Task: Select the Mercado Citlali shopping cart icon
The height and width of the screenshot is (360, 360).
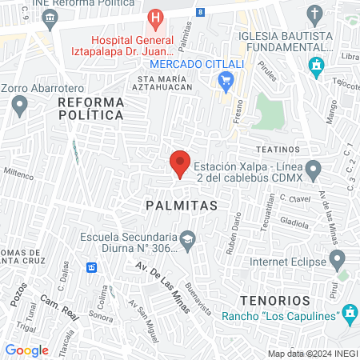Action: click(226, 78)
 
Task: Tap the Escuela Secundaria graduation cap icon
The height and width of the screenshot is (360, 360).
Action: click(187, 238)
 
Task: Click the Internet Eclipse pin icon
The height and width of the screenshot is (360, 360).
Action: click(338, 261)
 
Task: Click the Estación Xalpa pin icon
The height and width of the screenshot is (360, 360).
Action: click(314, 170)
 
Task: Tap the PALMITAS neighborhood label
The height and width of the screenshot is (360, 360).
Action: click(182, 206)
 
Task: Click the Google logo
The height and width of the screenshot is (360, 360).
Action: click(26, 350)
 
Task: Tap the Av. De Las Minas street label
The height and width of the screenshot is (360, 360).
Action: click(161, 286)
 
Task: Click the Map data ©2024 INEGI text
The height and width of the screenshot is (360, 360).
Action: click(312, 354)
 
